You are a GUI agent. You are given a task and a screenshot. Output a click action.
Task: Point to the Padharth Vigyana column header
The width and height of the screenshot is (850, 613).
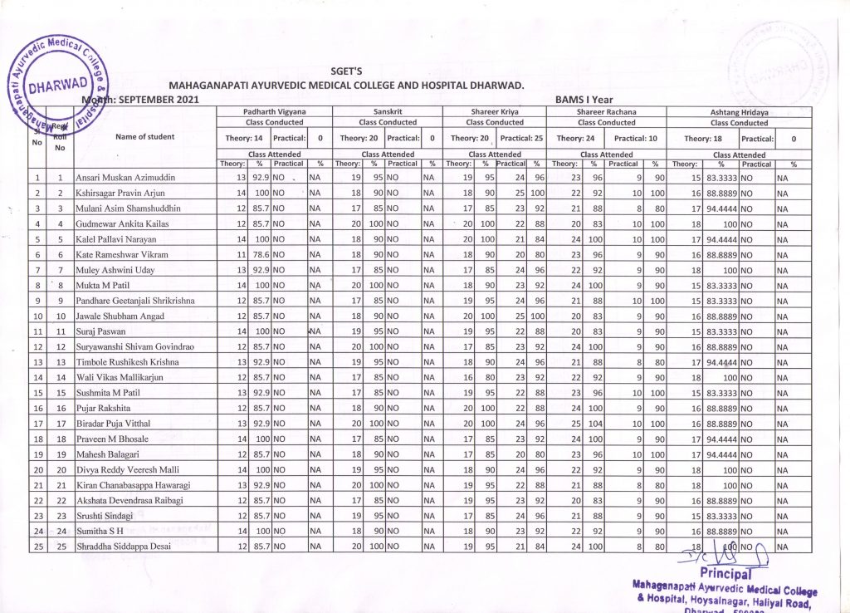tap(275, 110)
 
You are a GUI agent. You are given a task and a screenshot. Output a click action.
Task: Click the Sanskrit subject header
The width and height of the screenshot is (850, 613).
tap(388, 110)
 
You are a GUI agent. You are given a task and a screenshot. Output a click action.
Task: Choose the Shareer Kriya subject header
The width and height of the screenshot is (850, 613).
tap(495, 110)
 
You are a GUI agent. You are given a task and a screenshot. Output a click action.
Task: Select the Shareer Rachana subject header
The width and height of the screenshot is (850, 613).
tap(606, 110)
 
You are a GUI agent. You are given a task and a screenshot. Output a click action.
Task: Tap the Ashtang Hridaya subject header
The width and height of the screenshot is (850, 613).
tap(739, 110)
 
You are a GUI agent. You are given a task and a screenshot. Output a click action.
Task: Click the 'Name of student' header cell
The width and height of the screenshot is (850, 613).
tap(144, 137)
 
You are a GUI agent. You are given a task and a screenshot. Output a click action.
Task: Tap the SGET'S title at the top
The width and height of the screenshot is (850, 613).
tap(346, 72)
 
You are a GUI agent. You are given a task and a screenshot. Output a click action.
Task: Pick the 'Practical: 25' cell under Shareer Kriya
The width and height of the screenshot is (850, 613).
tap(521, 138)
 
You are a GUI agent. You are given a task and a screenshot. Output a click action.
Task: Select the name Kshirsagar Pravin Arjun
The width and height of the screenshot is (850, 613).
tap(123, 193)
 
